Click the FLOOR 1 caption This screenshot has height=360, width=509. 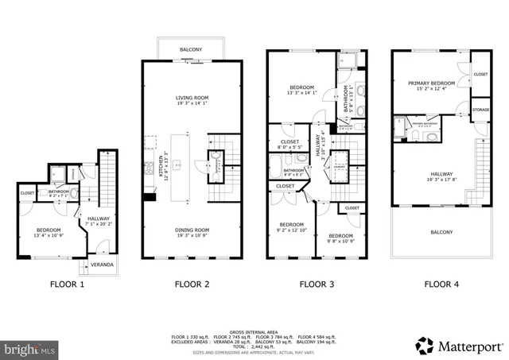(67, 283)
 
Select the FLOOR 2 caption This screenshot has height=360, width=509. (192, 283)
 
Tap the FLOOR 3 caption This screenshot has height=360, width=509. (316, 283)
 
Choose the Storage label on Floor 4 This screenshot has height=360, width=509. (480, 110)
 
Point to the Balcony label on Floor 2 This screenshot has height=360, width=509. (190, 50)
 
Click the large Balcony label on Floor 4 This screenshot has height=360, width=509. (441, 232)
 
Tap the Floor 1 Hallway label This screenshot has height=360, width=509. (99, 219)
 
